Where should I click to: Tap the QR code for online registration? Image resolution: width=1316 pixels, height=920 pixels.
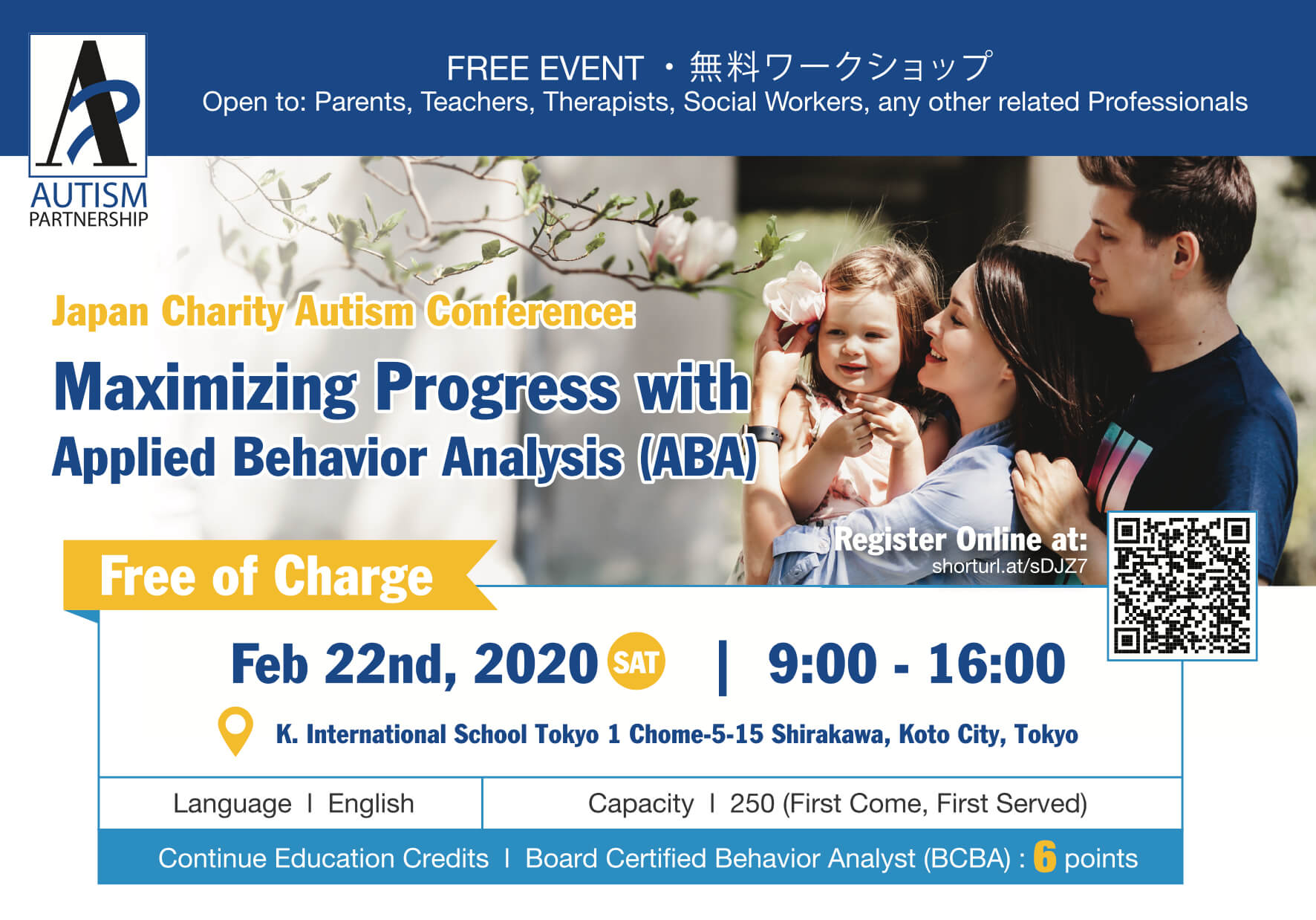pyautogui.click(x=1182, y=586)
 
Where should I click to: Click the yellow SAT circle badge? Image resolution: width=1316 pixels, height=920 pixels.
pyautogui.click(x=636, y=661)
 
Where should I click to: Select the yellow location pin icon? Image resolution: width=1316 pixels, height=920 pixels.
pyautogui.click(x=235, y=728)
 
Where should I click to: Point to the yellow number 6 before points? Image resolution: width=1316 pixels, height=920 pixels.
pyautogui.click(x=1044, y=857)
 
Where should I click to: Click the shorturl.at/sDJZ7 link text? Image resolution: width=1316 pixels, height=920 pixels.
pyautogui.click(x=1009, y=566)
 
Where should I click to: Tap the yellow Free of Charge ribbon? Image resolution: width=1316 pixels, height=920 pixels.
pyautogui.click(x=279, y=576)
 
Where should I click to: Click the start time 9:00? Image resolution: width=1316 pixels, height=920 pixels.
pyautogui.click(x=822, y=664)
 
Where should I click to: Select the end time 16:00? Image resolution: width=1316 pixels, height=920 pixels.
pyautogui.click(x=997, y=664)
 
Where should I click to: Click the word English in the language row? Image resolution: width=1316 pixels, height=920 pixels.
pyautogui.click(x=371, y=803)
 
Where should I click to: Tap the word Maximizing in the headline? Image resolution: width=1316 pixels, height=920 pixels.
pyautogui.click(x=206, y=387)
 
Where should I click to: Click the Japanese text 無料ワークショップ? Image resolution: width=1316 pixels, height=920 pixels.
pyautogui.click(x=841, y=68)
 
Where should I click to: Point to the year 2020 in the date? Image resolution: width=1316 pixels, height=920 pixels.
pyautogui.click(x=535, y=664)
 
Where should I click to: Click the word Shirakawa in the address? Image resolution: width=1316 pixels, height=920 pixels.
pyautogui.click(x=830, y=734)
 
